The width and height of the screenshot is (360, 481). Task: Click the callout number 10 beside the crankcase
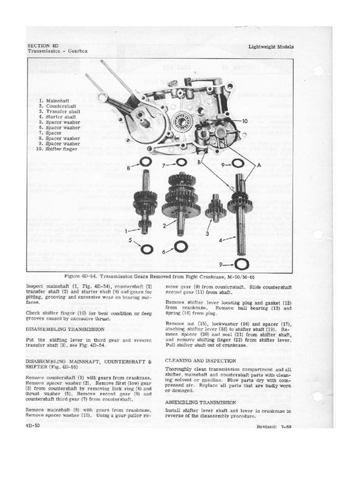244,120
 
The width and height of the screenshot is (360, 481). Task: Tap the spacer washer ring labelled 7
181,163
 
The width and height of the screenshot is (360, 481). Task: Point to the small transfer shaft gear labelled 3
215,207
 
